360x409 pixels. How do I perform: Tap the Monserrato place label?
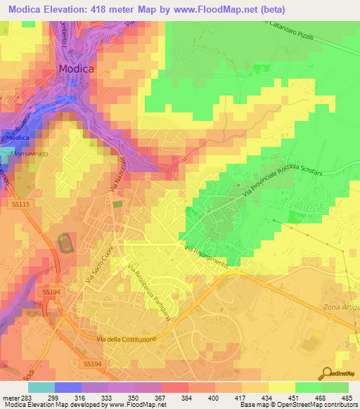point(29,151)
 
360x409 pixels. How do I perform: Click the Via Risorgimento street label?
point(206,257)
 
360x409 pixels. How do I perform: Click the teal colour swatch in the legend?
point(41,387)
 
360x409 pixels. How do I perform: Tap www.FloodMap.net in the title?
point(212,8)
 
